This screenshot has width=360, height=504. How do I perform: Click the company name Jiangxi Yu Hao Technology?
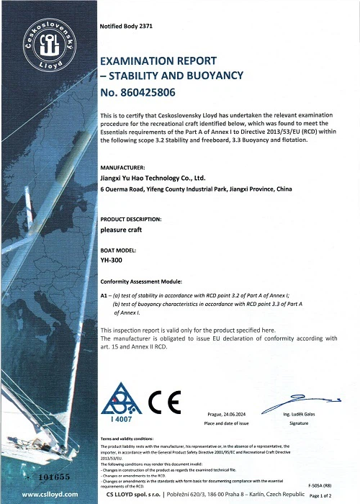click(153, 177)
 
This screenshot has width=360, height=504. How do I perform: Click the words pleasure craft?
click(122, 230)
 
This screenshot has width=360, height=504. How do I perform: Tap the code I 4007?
click(120, 420)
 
